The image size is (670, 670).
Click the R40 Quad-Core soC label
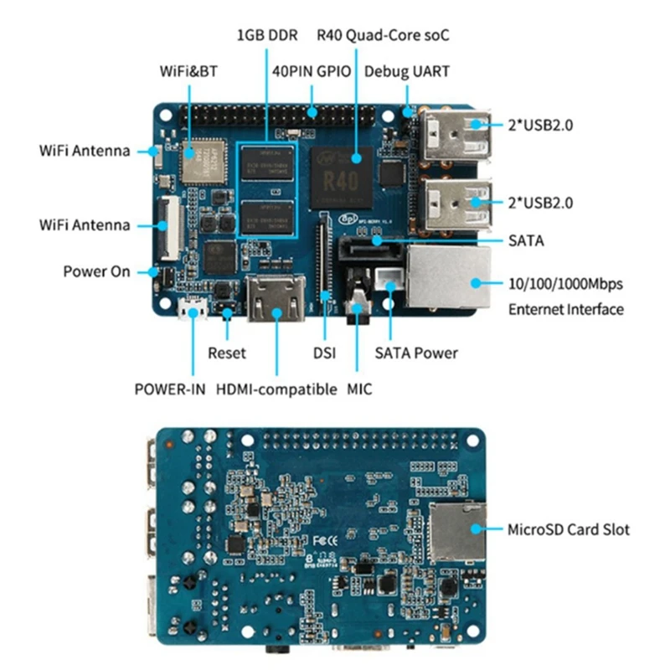[382, 36]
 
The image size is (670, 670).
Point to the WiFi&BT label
[188, 71]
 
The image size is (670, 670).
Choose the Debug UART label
[406, 71]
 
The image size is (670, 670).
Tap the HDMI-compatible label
[276, 389]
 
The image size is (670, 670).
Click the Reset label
[227, 353]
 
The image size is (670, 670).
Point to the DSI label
[323, 353]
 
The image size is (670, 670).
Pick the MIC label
[359, 389]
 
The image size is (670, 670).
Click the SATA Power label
[416, 353]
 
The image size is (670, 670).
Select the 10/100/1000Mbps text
[565, 283]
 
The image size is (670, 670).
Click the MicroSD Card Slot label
[569, 529]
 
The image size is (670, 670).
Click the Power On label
[97, 271]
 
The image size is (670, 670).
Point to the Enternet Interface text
[566, 309]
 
